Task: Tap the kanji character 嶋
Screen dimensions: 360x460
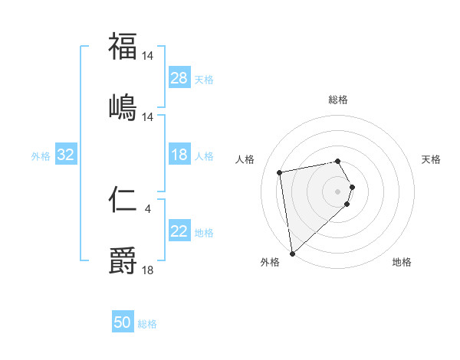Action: tap(123, 107)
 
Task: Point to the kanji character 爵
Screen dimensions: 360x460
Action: tap(123, 261)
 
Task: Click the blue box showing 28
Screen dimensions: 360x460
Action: tap(179, 78)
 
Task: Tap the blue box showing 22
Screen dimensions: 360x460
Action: tap(179, 231)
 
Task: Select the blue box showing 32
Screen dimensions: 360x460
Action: tap(66, 155)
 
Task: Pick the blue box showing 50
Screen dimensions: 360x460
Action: tap(123, 322)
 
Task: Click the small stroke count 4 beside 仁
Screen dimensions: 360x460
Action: tap(148, 208)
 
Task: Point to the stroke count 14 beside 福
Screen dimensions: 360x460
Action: tap(148, 55)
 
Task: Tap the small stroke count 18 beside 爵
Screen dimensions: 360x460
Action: tap(148, 270)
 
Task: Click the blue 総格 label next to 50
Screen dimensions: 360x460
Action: tap(147, 324)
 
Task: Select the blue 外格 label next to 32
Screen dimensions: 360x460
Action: tap(41, 156)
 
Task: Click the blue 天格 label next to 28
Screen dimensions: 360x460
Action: tap(204, 80)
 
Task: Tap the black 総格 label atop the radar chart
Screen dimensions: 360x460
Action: tap(338, 100)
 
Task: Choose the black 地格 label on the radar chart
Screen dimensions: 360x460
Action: tap(402, 262)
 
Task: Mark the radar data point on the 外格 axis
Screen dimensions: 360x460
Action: tap(292, 254)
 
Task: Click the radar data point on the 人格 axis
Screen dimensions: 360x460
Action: tap(280, 172)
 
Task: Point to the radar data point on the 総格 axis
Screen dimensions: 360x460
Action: tap(337, 161)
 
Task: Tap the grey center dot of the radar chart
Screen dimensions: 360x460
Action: tap(337, 191)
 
